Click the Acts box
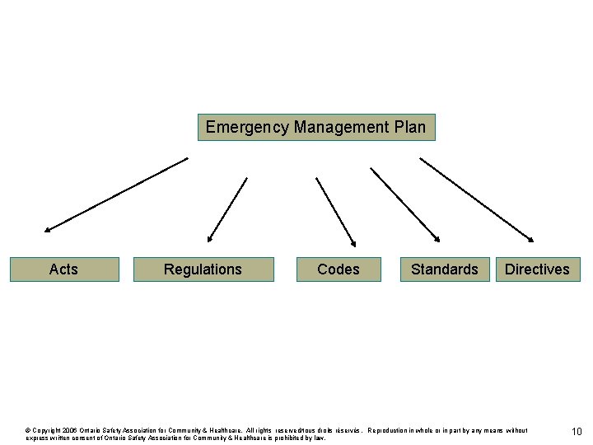click(x=64, y=269)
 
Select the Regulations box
click(x=203, y=269)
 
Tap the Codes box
click(x=339, y=269)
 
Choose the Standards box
click(x=444, y=269)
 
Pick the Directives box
click(x=537, y=269)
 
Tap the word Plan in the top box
click(x=410, y=128)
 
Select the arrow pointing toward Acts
click(x=115, y=194)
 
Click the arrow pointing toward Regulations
click(x=227, y=209)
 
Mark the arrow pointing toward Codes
click(x=335, y=211)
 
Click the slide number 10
click(x=577, y=432)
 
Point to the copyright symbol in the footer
click(x=29, y=430)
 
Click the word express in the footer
click(x=38, y=438)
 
